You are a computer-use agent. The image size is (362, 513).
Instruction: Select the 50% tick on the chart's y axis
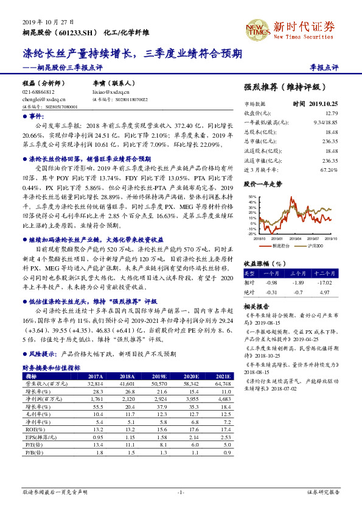click(252, 197)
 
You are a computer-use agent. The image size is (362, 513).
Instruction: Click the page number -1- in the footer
click(180, 492)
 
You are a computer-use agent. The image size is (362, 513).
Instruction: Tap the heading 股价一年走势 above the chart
click(263, 183)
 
